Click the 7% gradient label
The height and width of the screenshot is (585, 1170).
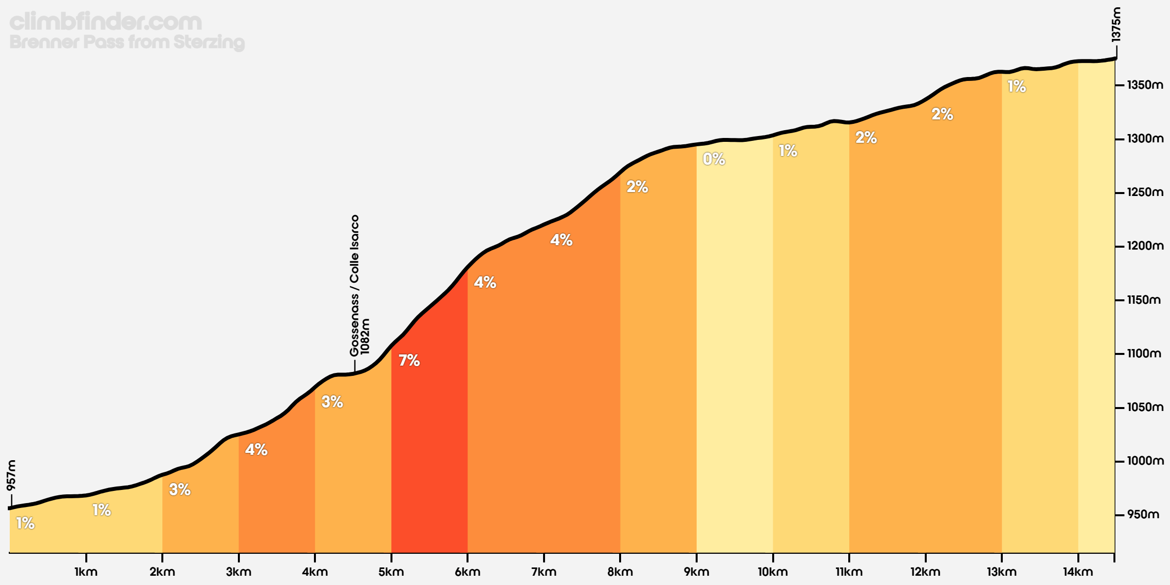409,360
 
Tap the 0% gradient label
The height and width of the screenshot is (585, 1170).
714,159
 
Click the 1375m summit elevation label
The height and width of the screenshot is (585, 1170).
1116,24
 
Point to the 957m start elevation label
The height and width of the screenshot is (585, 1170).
11,475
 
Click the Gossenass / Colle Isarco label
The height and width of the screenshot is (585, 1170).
354,286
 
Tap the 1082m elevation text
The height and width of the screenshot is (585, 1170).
366,336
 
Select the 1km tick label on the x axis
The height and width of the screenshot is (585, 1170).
86,572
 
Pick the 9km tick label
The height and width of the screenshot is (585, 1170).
696,572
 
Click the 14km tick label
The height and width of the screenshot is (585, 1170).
1078,572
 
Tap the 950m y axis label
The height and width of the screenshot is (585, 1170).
1143,514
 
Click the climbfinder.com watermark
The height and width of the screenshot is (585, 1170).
106,21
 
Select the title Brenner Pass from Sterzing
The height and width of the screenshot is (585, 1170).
127,42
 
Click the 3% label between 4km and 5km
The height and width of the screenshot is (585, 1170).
332,402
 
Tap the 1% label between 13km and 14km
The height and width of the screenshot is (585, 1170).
1016,86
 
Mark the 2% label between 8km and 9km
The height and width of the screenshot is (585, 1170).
637,186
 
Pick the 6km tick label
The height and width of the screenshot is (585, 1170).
468,572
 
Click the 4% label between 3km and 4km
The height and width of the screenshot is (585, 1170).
256,449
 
